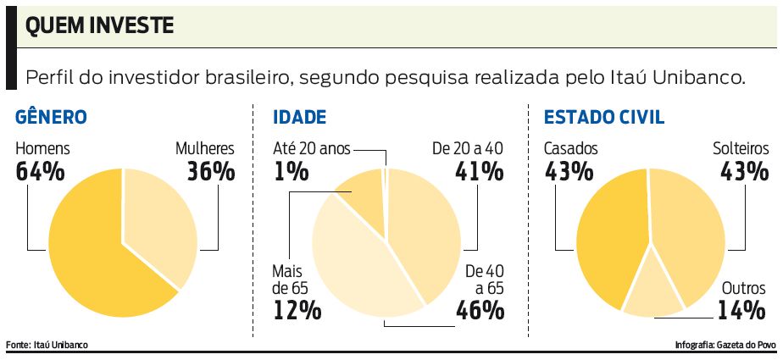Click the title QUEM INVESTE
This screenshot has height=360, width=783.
pos(99,26)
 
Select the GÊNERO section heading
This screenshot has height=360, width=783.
pos(52,118)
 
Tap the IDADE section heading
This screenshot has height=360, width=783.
pos(299,118)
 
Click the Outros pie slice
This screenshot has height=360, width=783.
pos(652,292)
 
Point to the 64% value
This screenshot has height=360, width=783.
pos(41,172)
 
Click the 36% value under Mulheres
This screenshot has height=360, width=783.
pos(210,172)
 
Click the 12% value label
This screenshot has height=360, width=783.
pos(297,310)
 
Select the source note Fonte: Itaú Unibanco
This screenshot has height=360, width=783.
pos(47,345)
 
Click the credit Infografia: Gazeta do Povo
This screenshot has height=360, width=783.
pos(726,345)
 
